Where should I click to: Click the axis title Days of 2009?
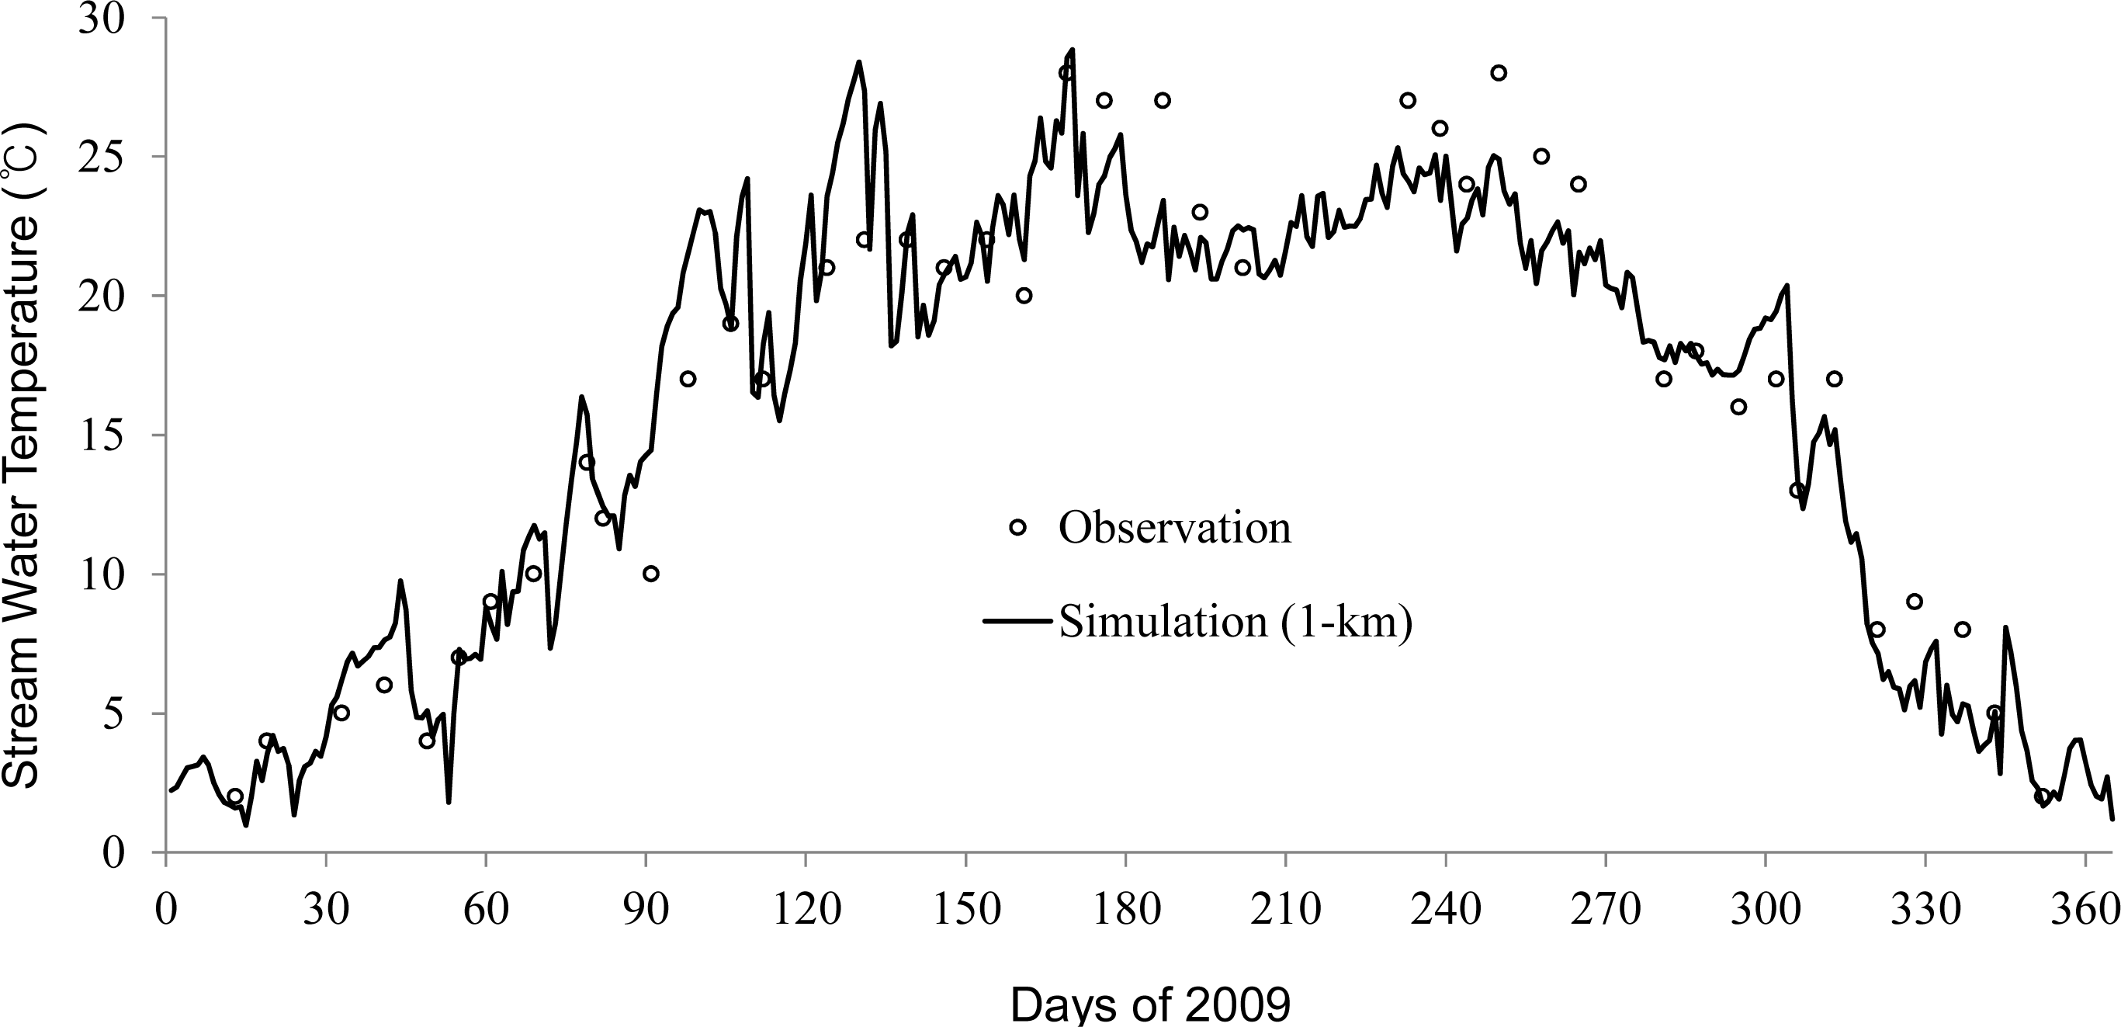pos(1149,1005)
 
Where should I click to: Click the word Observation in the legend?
pos(1175,528)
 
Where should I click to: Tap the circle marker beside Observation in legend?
pos(1017,527)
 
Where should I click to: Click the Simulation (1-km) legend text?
pos(1235,622)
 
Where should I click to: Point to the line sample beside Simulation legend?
pos(1017,621)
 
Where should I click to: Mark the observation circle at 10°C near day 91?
pos(650,573)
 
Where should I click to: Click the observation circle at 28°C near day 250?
pos(1499,72)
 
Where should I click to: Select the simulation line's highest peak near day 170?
pos(1073,50)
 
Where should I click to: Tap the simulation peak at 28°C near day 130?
pos(859,62)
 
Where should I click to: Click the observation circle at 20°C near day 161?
pos(1024,296)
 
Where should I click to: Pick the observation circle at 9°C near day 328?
pos(1915,601)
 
